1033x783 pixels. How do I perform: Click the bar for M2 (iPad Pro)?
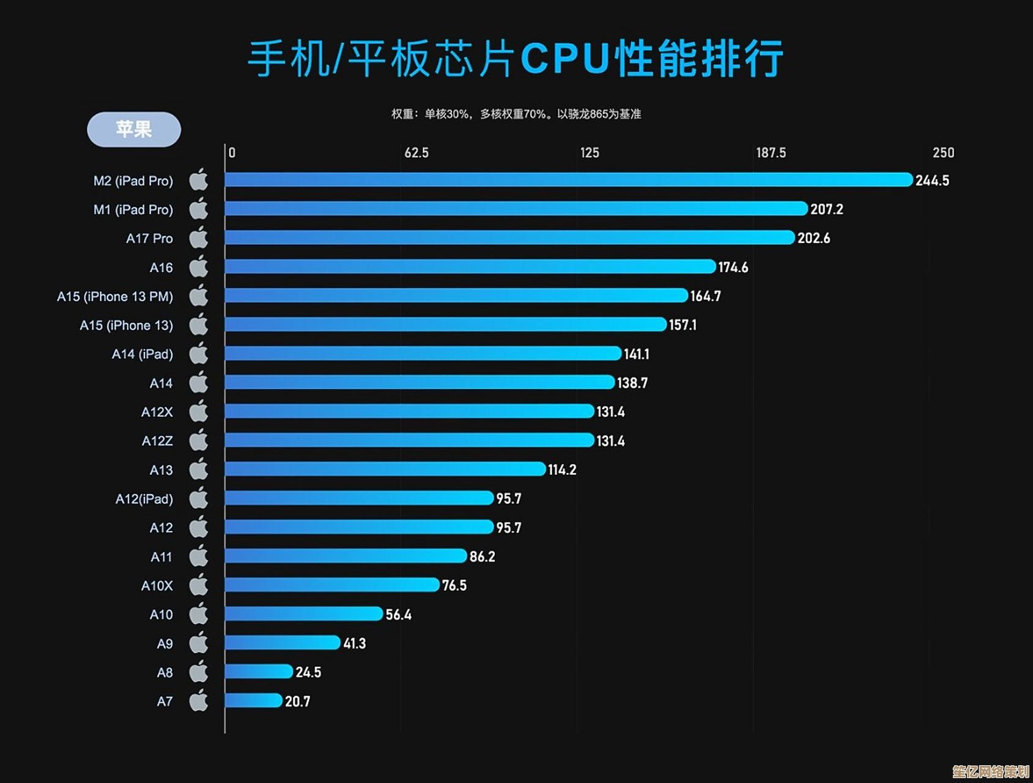(569, 179)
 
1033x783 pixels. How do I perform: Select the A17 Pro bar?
(509, 237)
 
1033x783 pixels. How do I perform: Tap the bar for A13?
(385, 469)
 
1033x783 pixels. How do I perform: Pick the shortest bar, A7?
(254, 700)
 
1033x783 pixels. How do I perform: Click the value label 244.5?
(932, 180)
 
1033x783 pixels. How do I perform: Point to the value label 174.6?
(733, 267)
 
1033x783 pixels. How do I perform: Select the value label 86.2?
(482, 557)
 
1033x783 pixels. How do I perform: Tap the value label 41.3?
(354, 644)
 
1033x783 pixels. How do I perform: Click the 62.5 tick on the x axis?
(416, 153)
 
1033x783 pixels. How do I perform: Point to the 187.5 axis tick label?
(771, 153)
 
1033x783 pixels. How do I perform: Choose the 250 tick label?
(943, 153)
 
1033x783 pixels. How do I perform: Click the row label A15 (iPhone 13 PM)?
(115, 297)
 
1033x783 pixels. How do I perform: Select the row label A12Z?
(157, 441)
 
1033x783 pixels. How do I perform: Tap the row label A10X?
(157, 586)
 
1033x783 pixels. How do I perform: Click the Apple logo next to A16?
(199, 267)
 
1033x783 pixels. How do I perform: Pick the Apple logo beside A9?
(199, 643)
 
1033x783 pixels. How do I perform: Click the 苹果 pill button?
(134, 129)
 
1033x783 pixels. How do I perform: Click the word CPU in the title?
(565, 59)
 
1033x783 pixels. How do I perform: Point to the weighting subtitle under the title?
(516, 114)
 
